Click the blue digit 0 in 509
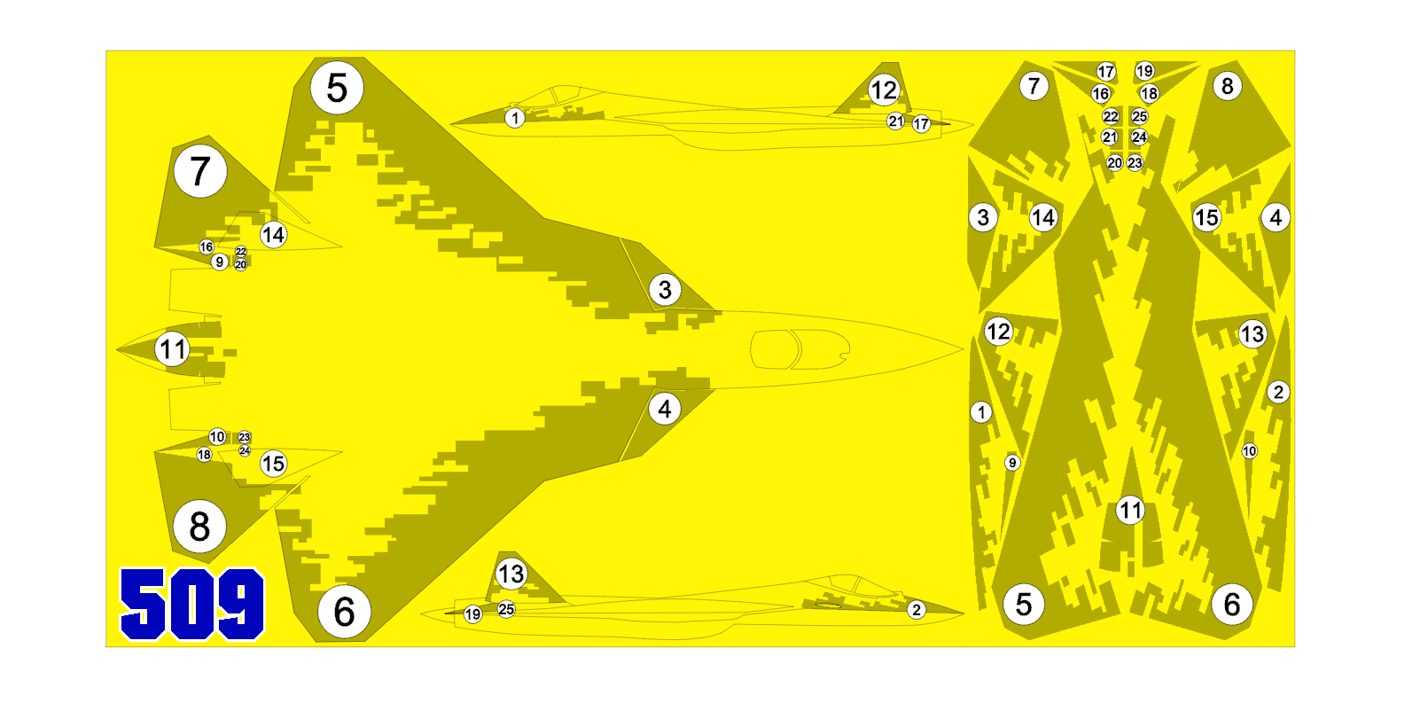(191, 605)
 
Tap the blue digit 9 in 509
(239, 605)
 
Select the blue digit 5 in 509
(144, 605)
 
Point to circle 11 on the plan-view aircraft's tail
(173, 348)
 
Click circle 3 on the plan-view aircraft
(665, 290)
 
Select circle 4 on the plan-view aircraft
(665, 409)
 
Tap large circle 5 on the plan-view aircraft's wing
(337, 88)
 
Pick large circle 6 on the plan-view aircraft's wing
(344, 612)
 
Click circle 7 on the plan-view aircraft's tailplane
(200, 171)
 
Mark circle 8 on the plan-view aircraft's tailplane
(199, 527)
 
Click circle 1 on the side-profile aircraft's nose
(515, 118)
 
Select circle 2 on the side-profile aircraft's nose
(916, 610)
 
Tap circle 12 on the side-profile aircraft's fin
(884, 90)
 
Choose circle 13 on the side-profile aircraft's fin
(511, 574)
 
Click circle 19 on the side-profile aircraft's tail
(473, 614)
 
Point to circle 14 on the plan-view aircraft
(273, 235)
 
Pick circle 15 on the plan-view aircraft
(273, 464)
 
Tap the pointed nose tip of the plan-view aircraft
(963, 348)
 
